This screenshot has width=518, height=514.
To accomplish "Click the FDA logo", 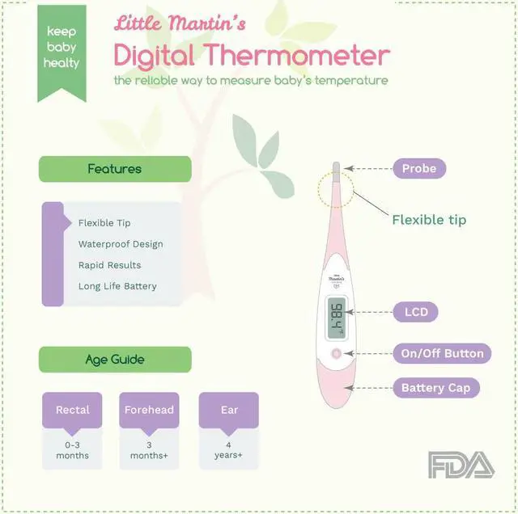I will click(461, 466).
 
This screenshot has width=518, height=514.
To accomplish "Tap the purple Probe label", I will click(418, 169).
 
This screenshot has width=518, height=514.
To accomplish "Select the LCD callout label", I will click(415, 312).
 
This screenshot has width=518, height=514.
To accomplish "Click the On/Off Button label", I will click(442, 353).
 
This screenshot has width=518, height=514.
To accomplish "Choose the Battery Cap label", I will click(435, 388).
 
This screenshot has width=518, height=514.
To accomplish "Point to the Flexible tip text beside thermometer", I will click(429, 220).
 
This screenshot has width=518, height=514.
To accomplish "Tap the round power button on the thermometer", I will click(336, 354).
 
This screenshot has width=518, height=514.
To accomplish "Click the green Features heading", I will click(115, 169).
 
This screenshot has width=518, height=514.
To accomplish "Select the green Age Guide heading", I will click(115, 360).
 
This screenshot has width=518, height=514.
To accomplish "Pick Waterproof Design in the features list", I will click(121, 244).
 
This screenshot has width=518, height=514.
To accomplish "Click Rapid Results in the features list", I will click(109, 265).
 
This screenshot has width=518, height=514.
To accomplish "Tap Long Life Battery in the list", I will click(117, 286).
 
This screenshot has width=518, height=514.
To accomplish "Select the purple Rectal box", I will click(73, 410).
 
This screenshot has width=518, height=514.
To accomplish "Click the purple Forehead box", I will click(149, 410).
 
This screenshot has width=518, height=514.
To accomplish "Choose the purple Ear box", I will click(229, 410).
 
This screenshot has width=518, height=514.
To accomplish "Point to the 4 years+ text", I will click(229, 449).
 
